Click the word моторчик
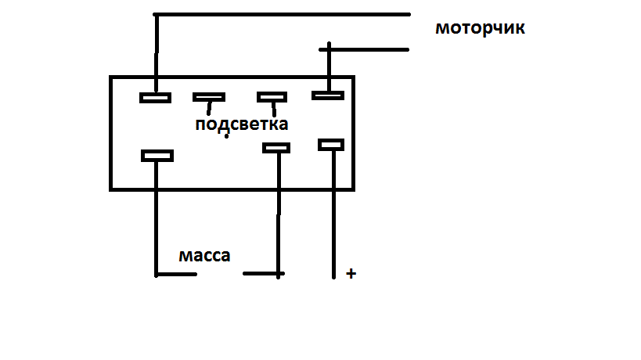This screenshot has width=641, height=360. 479,29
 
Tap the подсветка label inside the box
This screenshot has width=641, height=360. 241,124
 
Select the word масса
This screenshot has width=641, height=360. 204,256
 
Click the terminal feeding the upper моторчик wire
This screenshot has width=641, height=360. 155,98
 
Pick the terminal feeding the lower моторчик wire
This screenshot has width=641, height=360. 327,95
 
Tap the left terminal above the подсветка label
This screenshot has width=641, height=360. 208,97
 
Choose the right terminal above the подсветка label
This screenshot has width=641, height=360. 272,97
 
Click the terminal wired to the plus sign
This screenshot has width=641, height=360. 331,144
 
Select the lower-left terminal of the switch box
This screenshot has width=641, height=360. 157,156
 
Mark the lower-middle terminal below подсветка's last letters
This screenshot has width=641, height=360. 276,147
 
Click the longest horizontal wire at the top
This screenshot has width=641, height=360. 282,14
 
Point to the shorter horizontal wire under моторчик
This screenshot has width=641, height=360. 368,49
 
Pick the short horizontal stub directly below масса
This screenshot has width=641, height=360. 176,275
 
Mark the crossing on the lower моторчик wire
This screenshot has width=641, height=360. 327,49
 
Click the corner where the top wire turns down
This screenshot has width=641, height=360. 157,15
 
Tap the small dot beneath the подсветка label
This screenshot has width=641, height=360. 226,138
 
